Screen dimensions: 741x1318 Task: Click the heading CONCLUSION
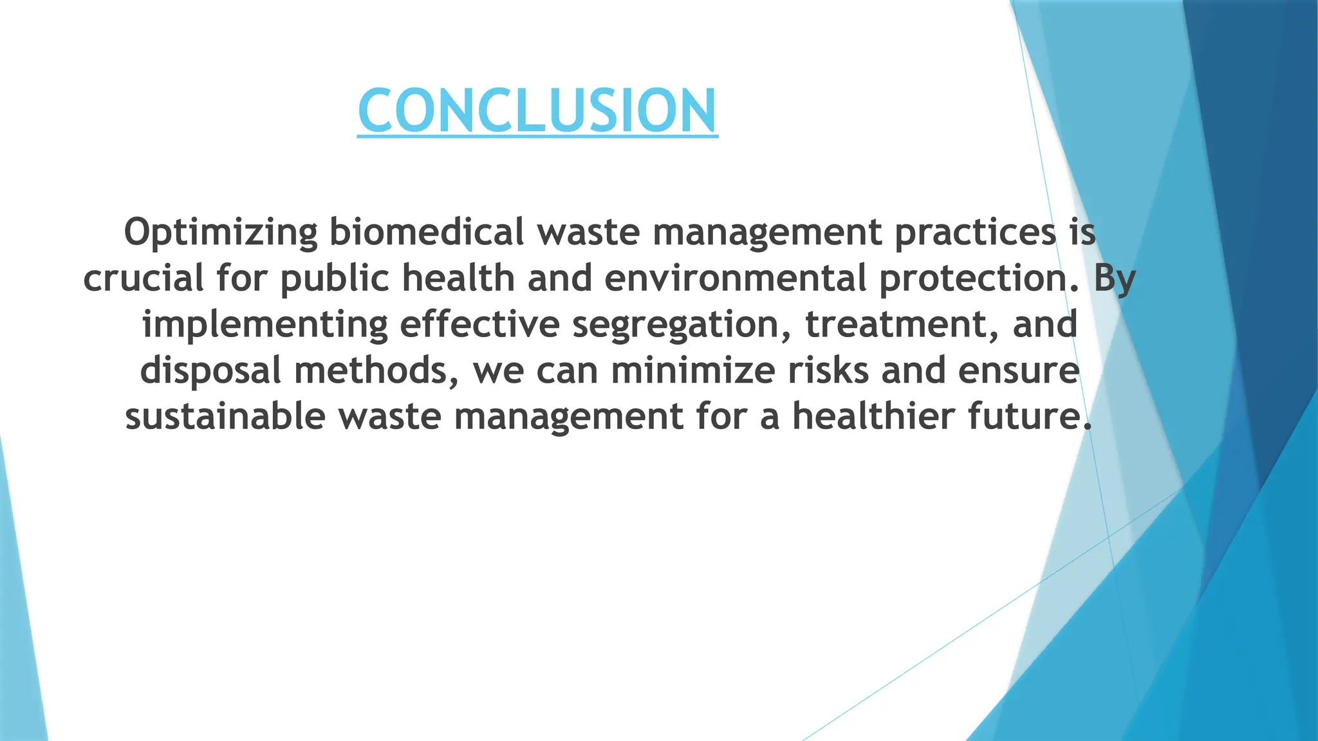(537, 111)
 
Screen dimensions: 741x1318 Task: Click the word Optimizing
(221, 233)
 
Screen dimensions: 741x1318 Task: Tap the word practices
(975, 233)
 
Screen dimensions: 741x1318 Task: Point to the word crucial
(144, 278)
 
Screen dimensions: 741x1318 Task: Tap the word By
(1115, 279)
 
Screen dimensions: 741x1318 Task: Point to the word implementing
(265, 325)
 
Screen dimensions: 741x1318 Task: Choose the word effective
(479, 324)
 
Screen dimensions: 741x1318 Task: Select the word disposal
(210, 371)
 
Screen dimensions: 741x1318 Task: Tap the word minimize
(692, 370)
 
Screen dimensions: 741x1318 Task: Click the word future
(1030, 416)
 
